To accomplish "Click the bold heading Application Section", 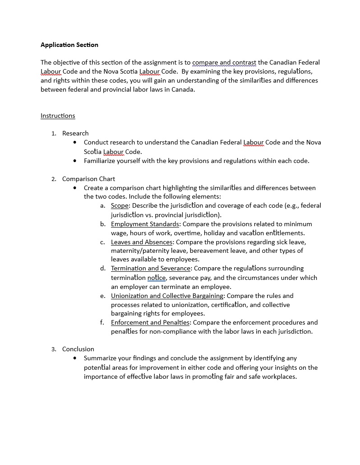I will (69, 45).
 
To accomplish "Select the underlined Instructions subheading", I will (58, 116).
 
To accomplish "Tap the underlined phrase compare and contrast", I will (224, 62).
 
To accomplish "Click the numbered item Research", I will (75, 133).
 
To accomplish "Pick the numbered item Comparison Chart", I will (88, 179).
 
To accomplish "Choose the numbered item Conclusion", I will (78, 349).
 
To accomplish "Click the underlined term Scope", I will (120, 205).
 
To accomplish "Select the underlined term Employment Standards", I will (145, 224).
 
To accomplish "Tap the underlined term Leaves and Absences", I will (142, 242).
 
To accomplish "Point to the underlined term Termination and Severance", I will (151, 268).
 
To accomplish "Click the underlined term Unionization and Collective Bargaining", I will (167, 296).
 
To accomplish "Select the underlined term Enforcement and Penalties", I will (150, 322).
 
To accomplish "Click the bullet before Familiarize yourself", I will (75, 161).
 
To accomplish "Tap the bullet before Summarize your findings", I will (75, 358).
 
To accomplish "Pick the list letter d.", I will (103, 268).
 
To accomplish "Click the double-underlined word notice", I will (157, 278).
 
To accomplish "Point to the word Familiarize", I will (101, 161).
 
